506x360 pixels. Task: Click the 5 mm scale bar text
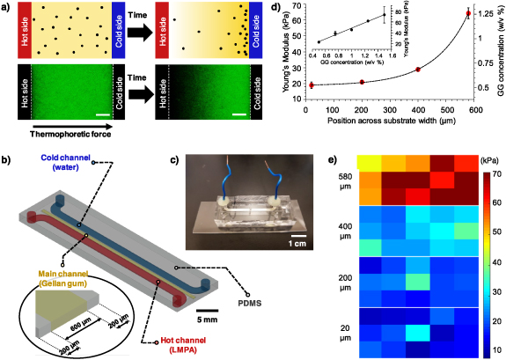207,320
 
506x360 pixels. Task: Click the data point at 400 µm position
417,70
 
